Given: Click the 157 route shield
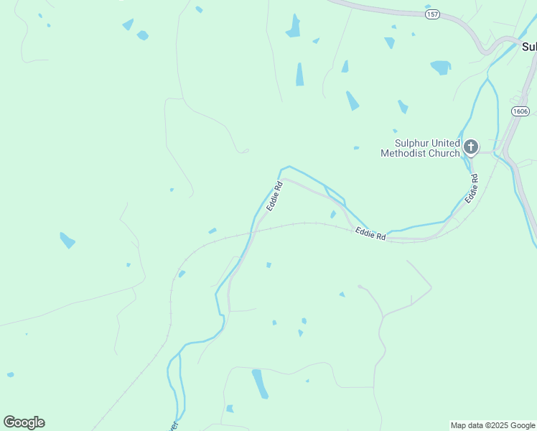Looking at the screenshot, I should pos(432,14).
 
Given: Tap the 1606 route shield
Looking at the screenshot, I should pos(520,111).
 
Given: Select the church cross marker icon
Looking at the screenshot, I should pos(470,148).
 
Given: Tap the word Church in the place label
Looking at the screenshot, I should pos(443,153).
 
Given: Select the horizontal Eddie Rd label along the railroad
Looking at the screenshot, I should pos(370,233).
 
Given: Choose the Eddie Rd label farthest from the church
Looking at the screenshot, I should pos(275,195).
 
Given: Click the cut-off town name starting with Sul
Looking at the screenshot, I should pos(529,47).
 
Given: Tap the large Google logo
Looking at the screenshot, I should pos(24,422).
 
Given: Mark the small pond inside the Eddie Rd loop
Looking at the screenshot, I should pos(333,214).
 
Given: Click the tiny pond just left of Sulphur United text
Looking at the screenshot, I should pos(356,148).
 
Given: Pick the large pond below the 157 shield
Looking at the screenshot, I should pos(440,68).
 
